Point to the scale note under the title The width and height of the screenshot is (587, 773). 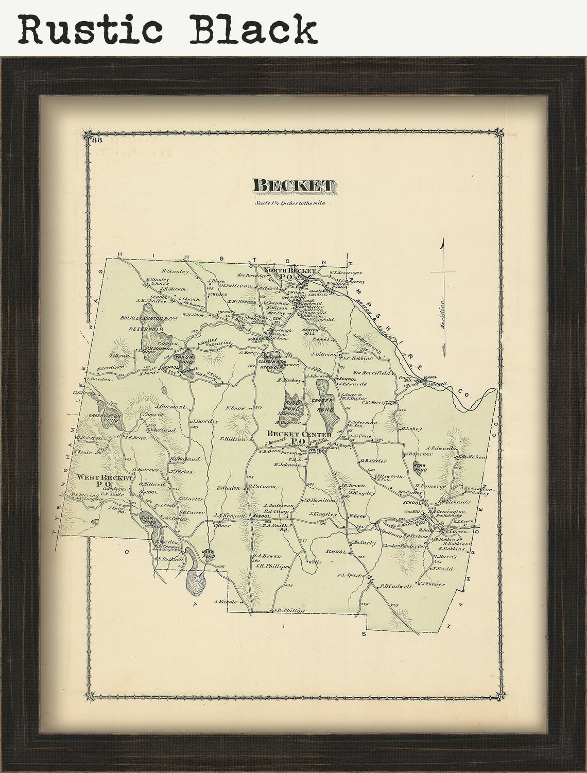pyautogui.click(x=292, y=203)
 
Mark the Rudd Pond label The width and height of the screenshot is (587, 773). pyautogui.click(x=293, y=400)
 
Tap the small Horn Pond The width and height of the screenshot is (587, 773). pyautogui.click(x=420, y=467)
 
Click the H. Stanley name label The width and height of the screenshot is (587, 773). pyautogui.click(x=176, y=271)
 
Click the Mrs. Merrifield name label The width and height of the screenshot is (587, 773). pyautogui.click(x=372, y=373)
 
